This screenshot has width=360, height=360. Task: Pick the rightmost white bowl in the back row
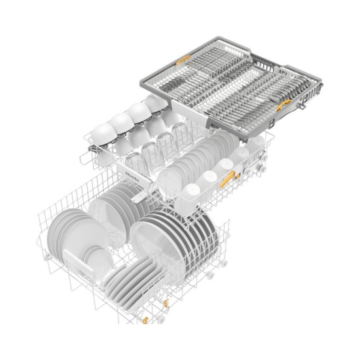pyautogui.click(x=155, y=105)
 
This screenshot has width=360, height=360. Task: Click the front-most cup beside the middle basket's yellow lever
pyautogui.click(x=192, y=190)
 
